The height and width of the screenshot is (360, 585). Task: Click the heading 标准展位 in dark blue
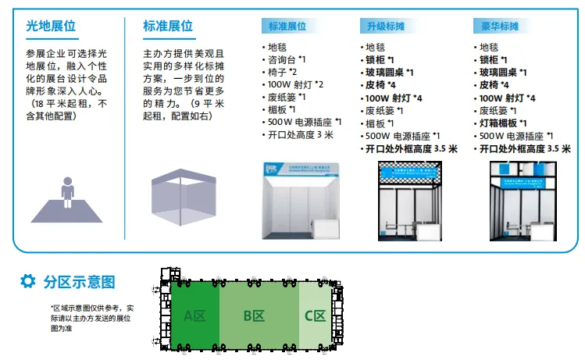point(168,26)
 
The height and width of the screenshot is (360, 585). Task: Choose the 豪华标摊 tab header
point(498,26)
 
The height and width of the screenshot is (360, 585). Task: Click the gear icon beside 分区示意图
point(27,280)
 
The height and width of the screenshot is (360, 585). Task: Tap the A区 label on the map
point(194,316)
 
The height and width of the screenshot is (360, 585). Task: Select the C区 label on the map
point(315,316)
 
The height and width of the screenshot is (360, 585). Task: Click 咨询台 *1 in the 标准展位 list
point(286,59)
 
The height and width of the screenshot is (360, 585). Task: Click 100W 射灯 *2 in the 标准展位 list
point(294,84)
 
